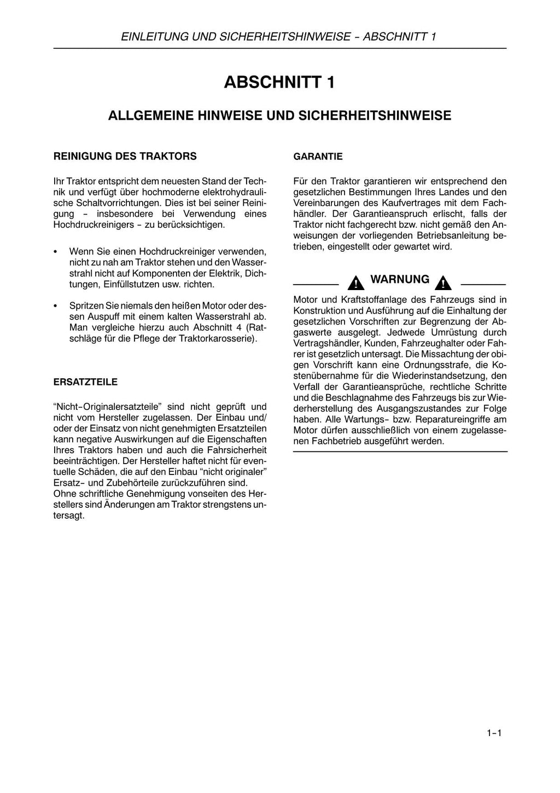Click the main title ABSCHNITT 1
[x=279, y=83]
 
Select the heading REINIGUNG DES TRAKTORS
[x=125, y=157]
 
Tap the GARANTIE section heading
[x=318, y=157]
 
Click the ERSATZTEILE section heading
[x=85, y=382]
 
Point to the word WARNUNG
[x=400, y=280]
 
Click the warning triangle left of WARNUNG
[x=355, y=283]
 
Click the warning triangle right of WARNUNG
[x=443, y=283]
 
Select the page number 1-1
[x=494, y=733]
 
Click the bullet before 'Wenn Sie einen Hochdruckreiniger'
[x=56, y=252]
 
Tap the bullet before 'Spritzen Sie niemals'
[x=56, y=306]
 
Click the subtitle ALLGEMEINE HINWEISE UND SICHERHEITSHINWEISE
[x=279, y=116]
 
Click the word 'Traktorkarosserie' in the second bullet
[x=215, y=339]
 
